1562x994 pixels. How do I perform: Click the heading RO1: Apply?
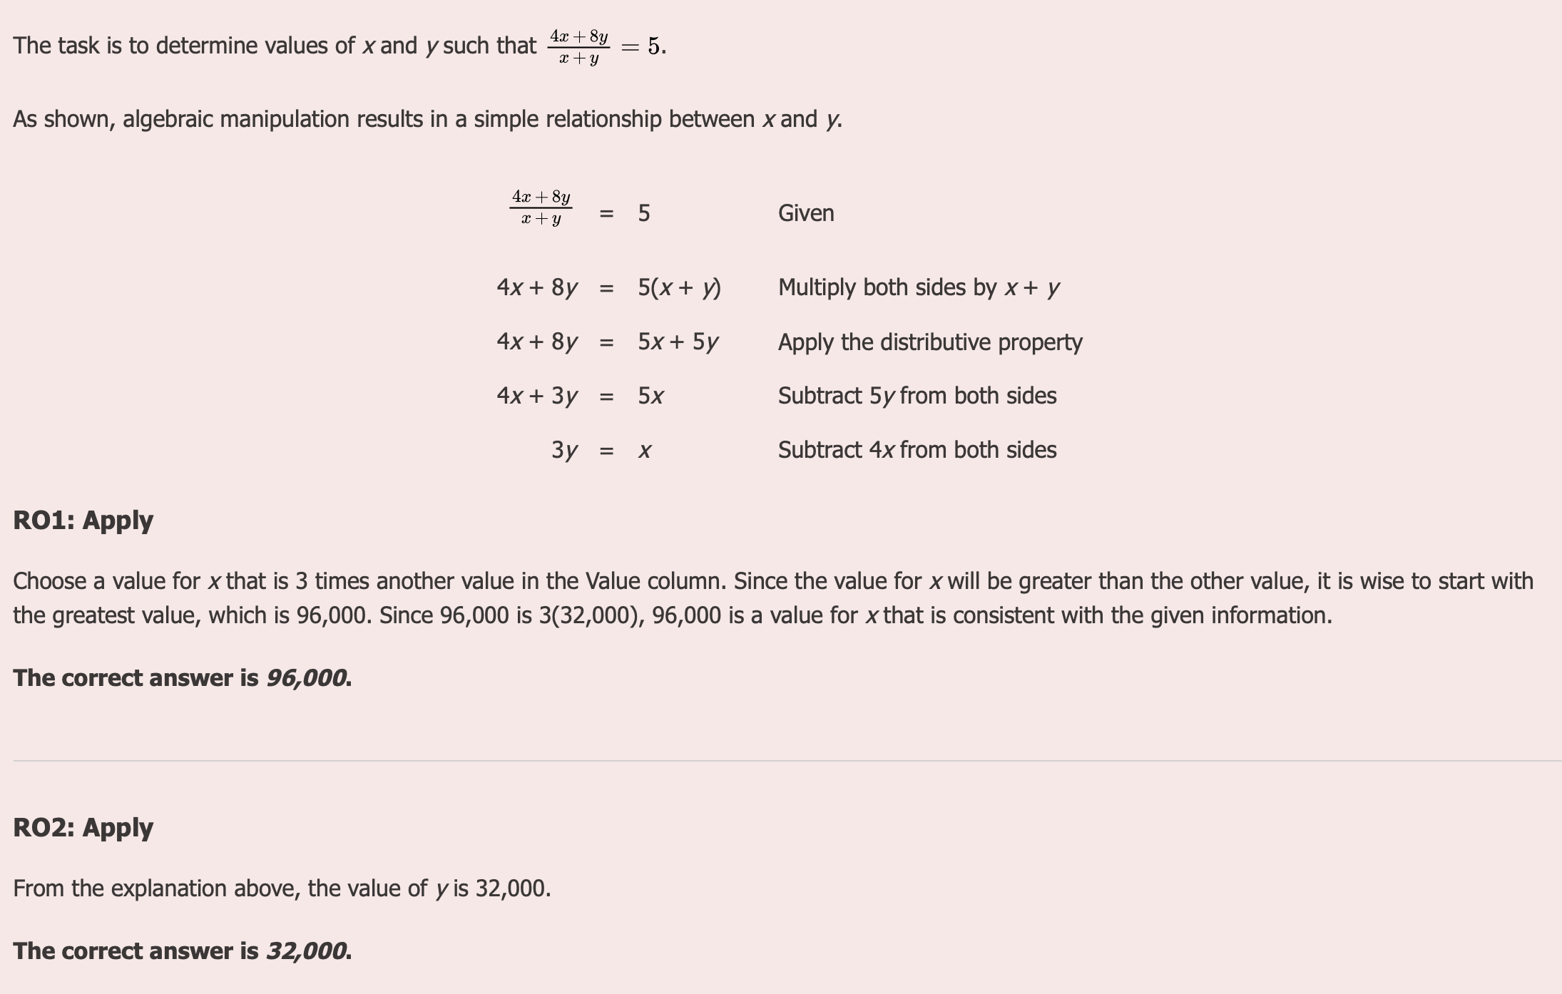tap(83, 521)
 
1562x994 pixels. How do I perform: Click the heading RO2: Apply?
tap(83, 828)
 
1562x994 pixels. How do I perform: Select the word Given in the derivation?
tap(806, 213)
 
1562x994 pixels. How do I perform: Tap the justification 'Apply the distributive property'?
tap(930, 342)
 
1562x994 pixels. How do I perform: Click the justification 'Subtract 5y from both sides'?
tap(917, 396)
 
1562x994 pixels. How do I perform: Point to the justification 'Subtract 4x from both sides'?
tap(917, 450)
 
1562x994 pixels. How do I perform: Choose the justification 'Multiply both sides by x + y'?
tap(919, 287)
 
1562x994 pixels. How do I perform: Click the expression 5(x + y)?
tap(679, 287)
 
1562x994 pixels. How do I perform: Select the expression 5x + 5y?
tap(678, 342)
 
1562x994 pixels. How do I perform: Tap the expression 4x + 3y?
tap(537, 396)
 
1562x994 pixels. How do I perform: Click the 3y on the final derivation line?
tap(564, 450)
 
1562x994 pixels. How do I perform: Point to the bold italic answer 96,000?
tap(307, 678)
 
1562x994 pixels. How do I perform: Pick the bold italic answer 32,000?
tap(307, 951)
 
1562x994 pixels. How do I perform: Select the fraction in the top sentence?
tap(578, 46)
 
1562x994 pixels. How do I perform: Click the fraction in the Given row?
tap(541, 207)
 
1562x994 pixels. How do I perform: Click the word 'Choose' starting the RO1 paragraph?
tap(52, 581)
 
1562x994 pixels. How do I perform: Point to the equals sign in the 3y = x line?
tap(606, 451)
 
